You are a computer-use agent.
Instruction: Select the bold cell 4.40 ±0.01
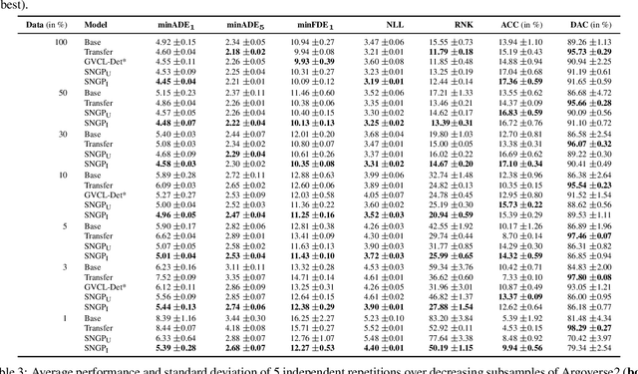(384, 347)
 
